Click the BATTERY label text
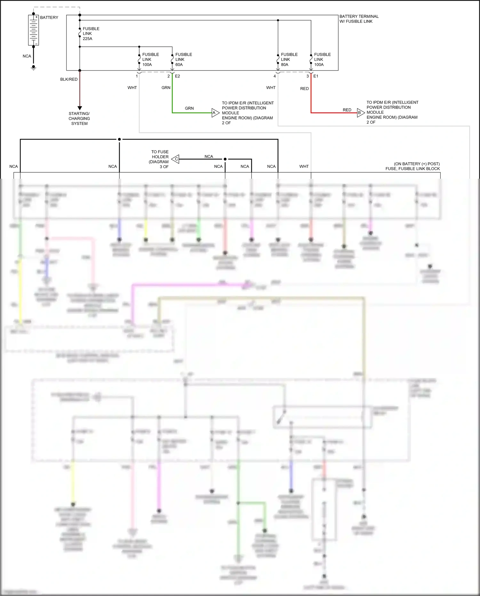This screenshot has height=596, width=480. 49,18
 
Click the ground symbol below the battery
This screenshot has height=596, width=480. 33,68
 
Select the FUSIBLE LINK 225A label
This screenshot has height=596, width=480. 91,34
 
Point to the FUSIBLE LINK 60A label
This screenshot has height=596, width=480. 183,60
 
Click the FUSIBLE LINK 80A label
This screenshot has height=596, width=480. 289,60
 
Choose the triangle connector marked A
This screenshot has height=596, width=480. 215,113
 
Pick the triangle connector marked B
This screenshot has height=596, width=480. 360,113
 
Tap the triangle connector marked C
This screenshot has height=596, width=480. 175,159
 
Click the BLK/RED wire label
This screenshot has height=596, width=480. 69,79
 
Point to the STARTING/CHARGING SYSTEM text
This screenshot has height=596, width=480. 79,118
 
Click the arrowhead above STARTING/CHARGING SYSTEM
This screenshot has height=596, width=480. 80,108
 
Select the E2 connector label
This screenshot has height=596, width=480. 177,76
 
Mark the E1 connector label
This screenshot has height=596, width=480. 316,76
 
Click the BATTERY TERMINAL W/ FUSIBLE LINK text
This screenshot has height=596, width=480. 359,19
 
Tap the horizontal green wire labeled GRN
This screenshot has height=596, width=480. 192,113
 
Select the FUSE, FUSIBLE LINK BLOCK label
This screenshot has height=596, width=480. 412,169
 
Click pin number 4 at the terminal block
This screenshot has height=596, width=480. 275,76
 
